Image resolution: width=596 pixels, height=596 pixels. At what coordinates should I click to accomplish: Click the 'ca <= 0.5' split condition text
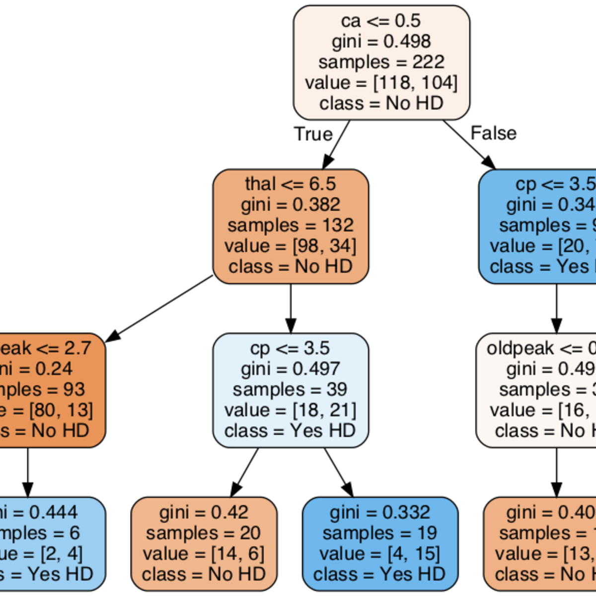pyautogui.click(x=381, y=21)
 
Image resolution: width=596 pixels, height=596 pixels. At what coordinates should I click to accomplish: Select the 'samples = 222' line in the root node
pyautogui.click(x=381, y=62)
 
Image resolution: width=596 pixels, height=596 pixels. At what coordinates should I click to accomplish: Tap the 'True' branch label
pyautogui.click(x=313, y=134)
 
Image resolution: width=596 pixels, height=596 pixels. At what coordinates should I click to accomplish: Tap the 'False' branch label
pyautogui.click(x=493, y=133)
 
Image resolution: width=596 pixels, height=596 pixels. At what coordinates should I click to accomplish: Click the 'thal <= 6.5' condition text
pyautogui.click(x=291, y=184)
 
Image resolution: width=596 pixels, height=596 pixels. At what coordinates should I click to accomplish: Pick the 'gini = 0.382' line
pyautogui.click(x=291, y=205)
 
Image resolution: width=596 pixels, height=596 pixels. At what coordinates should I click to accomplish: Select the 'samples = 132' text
pyautogui.click(x=291, y=225)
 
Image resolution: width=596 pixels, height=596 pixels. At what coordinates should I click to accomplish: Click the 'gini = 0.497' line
pyautogui.click(x=291, y=369)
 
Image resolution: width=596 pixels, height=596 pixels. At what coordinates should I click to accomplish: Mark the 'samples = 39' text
pyautogui.click(x=291, y=389)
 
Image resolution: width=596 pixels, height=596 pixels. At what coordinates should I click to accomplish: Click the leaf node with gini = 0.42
pyautogui.click(x=204, y=543)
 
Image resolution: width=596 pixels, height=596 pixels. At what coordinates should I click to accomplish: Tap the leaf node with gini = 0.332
pyautogui.click(x=380, y=543)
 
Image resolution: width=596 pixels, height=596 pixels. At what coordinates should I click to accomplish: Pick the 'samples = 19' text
pyautogui.click(x=380, y=533)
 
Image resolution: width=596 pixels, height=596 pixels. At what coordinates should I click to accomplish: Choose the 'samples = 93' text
pyautogui.click(x=50, y=389)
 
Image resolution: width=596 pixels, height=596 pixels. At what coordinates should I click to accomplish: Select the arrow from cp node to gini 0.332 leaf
pyautogui.click(x=338, y=472)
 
